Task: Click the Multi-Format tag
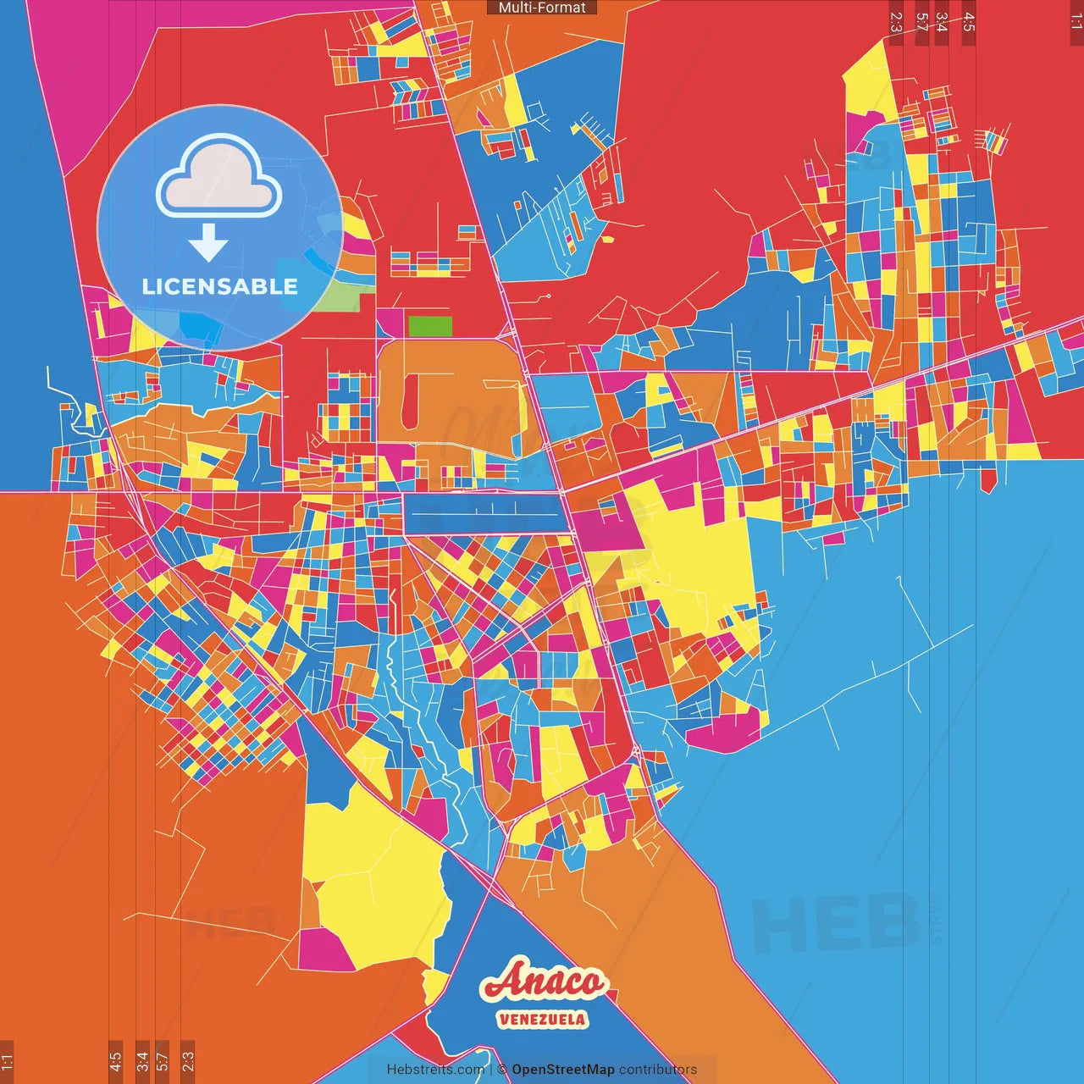tap(542, 8)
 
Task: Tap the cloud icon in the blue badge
tap(219, 175)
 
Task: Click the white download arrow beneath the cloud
tap(208, 241)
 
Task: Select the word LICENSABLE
tap(220, 286)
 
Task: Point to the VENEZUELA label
tap(542, 1019)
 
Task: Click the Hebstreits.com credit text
tap(435, 1070)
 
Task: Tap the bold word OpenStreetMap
tap(563, 1070)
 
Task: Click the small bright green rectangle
tap(430, 326)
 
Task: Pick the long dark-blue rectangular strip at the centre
tap(484, 513)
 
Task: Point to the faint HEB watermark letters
tap(834, 923)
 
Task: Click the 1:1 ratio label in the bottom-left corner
tap(7, 1061)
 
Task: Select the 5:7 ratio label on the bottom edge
tap(163, 1060)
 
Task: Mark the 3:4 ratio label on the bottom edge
tap(142, 1060)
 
